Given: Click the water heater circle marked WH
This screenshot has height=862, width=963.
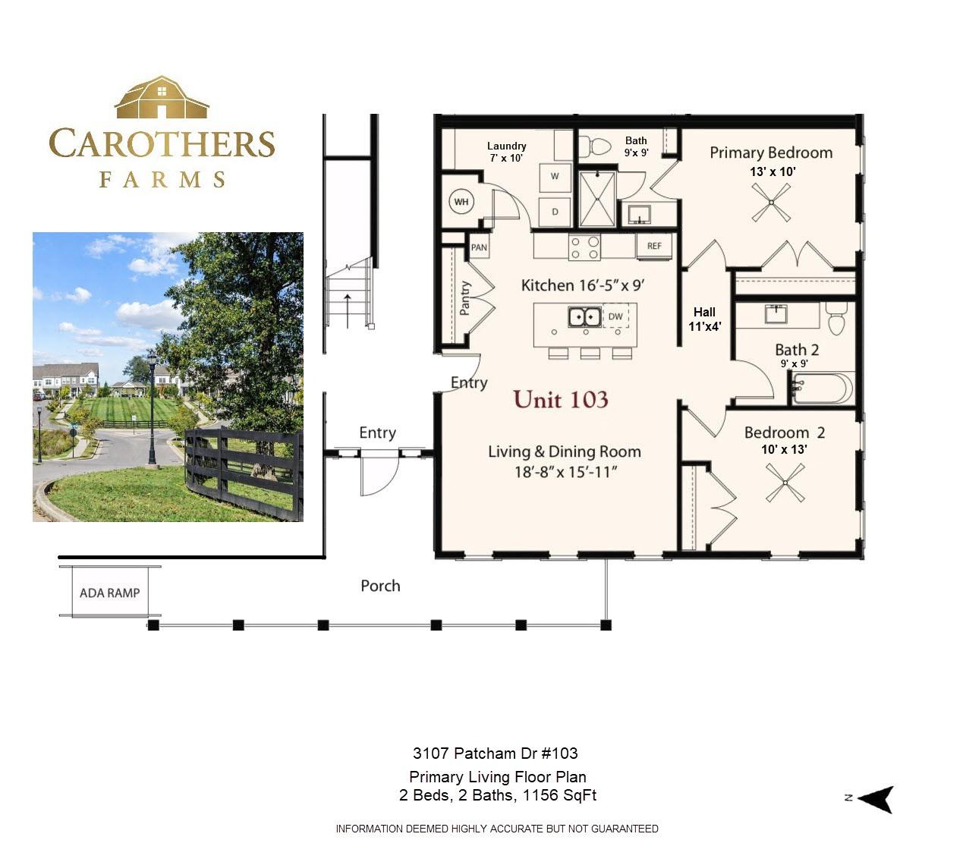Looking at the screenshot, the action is (461, 202).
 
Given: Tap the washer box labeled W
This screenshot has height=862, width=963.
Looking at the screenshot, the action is (555, 177).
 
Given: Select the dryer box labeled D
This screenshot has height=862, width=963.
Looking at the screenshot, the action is (555, 212).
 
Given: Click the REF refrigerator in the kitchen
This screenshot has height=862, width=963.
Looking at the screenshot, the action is (654, 246).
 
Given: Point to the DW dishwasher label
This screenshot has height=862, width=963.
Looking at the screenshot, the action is (615, 316).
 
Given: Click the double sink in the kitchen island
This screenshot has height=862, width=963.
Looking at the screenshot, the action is (584, 316).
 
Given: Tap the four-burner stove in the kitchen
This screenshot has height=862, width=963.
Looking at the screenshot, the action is (584, 247).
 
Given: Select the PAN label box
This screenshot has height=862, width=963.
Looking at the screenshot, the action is (479, 247).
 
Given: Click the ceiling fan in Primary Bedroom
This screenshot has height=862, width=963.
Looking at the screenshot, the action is (771, 203).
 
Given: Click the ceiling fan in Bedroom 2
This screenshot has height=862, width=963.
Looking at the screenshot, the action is (785, 483).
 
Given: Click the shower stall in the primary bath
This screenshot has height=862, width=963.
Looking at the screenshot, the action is (597, 199).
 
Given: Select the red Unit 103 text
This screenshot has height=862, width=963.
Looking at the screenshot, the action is (561, 399).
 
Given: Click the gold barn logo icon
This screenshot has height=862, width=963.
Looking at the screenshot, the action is (162, 97).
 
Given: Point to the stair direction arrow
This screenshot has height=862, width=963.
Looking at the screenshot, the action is (348, 311).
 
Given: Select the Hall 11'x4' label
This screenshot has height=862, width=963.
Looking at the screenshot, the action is (704, 319).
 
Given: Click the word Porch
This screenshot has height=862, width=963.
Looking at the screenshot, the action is (380, 586).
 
